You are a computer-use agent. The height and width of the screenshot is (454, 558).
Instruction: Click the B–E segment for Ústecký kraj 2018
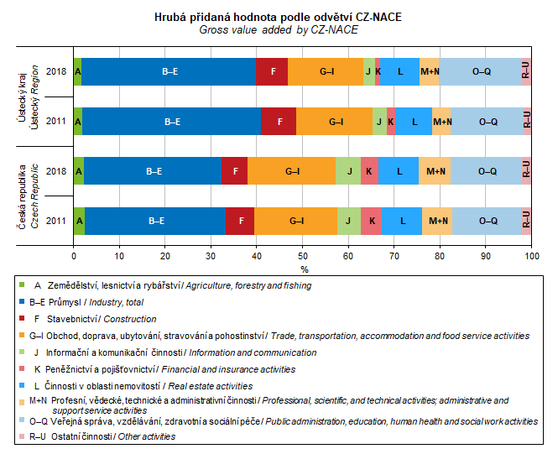[169, 72]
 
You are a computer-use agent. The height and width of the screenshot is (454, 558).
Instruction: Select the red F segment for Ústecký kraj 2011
[279, 122]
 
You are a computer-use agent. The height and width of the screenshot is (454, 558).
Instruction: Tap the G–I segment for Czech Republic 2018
[291, 171]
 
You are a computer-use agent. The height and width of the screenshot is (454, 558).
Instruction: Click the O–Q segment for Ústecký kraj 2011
[488, 122]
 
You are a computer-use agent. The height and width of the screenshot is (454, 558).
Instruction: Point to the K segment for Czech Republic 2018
[369, 171]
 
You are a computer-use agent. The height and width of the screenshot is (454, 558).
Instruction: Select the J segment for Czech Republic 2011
[348, 221]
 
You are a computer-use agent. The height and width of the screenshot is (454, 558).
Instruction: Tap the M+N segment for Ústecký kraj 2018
[430, 72]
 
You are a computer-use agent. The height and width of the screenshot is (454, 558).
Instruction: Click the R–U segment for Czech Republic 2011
[526, 221]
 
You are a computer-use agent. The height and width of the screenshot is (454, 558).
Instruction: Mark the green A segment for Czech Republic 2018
[79, 171]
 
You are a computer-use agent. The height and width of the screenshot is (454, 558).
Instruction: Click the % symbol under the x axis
[304, 269]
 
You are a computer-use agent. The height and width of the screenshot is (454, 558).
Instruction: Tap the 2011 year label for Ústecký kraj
[56, 122]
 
